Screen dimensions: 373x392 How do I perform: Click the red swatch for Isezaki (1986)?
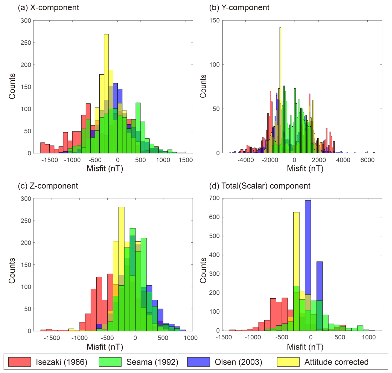coord(20,362)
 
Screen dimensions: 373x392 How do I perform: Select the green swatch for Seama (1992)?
coord(110,362)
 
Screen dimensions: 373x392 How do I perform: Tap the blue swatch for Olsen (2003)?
coord(198,362)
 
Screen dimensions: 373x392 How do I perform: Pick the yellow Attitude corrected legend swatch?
coord(288,362)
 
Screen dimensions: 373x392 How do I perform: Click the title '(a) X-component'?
coord(48,8)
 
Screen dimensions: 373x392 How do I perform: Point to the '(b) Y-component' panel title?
coord(239,8)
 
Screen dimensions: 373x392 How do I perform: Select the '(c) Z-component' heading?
coord(48,186)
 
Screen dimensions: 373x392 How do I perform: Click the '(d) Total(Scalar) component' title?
coord(260,186)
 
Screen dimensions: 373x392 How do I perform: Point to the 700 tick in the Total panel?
coord(214,198)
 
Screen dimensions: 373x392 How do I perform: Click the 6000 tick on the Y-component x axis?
coord(367,160)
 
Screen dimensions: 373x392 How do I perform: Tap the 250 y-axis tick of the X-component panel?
coord(26,43)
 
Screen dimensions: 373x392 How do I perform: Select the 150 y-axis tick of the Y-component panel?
coord(214,21)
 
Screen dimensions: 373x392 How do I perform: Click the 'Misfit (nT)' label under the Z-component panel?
coord(105,347)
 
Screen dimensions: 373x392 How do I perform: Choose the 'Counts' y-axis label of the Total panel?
coord(203,270)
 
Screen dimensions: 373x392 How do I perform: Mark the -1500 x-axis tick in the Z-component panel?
coord(51,338)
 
